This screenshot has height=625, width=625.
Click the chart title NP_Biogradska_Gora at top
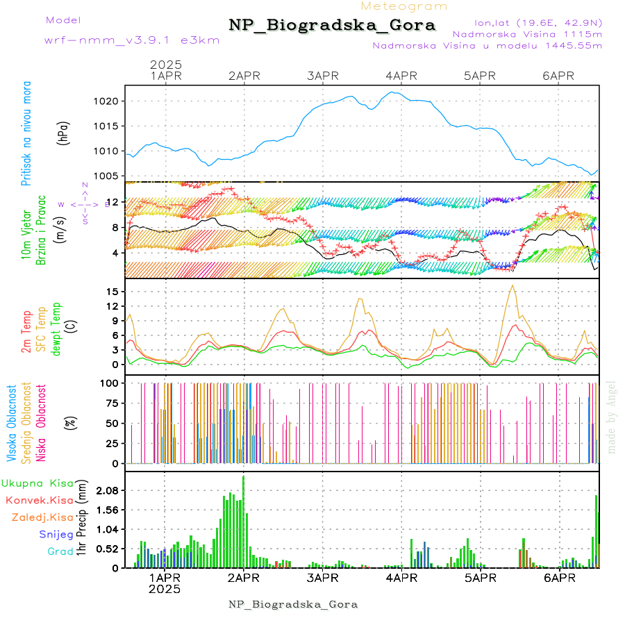click(332, 26)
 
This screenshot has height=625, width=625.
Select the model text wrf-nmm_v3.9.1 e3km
click(132, 40)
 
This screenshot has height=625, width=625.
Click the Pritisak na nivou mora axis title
click(26, 133)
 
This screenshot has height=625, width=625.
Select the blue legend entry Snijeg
click(56, 535)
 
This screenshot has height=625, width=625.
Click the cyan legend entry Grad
click(60, 552)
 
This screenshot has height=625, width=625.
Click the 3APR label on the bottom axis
click(322, 578)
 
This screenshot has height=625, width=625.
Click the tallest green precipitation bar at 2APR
click(243, 521)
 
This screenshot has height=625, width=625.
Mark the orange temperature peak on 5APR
click(512, 285)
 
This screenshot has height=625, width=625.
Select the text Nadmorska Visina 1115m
click(527, 33)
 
